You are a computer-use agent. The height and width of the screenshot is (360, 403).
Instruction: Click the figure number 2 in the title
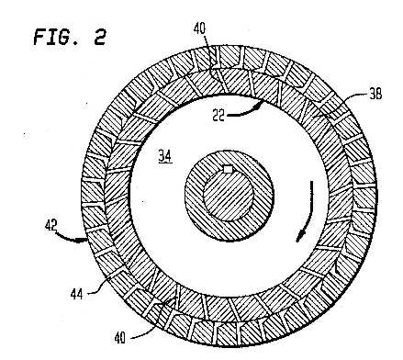(x=99, y=37)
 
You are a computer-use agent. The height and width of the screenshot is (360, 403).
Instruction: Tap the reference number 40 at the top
(x=200, y=28)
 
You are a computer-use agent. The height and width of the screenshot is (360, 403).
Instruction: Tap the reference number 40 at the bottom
(x=120, y=338)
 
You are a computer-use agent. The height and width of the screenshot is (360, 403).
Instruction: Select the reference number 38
(x=375, y=94)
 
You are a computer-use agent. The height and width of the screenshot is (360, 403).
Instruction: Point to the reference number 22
(x=218, y=116)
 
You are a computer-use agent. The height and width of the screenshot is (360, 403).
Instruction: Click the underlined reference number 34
(x=165, y=156)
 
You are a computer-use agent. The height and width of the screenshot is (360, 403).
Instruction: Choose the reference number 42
(x=51, y=226)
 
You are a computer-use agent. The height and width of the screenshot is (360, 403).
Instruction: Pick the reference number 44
(x=76, y=295)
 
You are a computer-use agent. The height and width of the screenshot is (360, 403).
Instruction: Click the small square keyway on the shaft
(x=228, y=169)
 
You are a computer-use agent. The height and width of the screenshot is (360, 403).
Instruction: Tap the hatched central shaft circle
(x=229, y=196)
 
